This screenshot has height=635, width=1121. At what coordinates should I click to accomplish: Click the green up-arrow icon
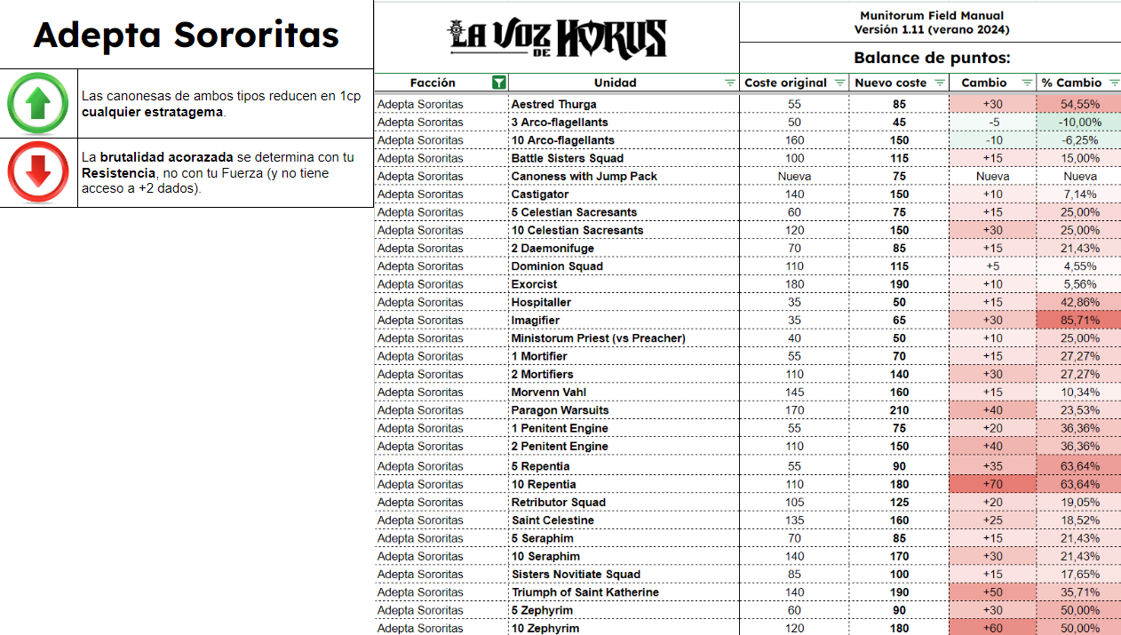(38, 103)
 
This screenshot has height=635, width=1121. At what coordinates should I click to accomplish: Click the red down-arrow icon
(38, 172)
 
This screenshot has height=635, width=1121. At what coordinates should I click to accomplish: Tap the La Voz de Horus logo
(556, 38)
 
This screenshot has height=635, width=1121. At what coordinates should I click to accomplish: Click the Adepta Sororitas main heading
(187, 35)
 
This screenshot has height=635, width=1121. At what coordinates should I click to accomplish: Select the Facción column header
(433, 83)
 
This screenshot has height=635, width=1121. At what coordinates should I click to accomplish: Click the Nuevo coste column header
(889, 83)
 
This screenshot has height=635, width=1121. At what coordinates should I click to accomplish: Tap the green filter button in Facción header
(499, 83)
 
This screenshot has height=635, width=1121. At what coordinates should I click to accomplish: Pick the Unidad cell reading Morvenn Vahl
(549, 393)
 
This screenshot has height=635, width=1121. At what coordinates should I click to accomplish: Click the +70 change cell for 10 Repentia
(992, 485)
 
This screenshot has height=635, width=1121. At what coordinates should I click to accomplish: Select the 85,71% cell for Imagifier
(1079, 321)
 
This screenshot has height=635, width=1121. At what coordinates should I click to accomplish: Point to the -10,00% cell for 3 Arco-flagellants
(1079, 123)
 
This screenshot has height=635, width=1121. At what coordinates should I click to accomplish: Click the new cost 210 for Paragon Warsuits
(899, 410)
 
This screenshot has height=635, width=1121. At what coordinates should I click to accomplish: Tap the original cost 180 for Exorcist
(794, 284)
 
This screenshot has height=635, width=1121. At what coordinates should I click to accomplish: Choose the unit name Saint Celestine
(553, 520)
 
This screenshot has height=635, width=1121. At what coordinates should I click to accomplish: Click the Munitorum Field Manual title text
(931, 16)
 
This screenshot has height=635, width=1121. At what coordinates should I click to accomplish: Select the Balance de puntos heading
(932, 59)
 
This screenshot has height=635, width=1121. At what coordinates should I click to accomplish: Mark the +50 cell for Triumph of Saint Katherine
(992, 592)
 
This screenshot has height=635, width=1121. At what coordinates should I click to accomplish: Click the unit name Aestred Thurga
(553, 105)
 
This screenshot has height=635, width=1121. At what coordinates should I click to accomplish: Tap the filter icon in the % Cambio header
(1111, 83)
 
